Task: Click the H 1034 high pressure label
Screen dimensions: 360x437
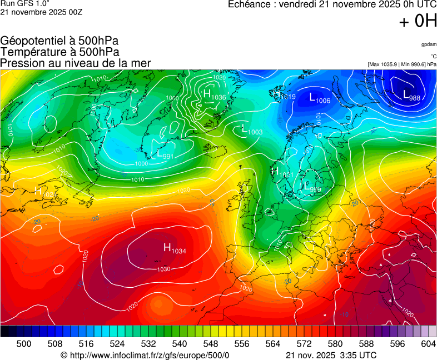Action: click(x=174, y=248)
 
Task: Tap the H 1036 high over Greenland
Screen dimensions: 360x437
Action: click(x=214, y=95)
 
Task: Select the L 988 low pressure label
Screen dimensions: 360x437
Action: click(x=411, y=96)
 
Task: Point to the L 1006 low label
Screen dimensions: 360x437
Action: click(x=319, y=98)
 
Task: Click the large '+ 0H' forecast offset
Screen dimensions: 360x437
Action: click(x=418, y=21)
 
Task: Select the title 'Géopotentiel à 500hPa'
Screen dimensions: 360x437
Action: click(x=59, y=41)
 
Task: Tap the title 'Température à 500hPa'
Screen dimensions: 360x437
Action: click(x=59, y=52)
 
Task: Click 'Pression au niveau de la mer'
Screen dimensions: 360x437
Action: click(x=76, y=63)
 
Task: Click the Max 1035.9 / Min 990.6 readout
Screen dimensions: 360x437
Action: click(x=402, y=64)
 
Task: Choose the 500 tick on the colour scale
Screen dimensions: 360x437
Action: click(x=24, y=344)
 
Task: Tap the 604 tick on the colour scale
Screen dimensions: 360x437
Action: click(x=428, y=344)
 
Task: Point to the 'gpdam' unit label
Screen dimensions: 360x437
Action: click(x=428, y=44)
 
